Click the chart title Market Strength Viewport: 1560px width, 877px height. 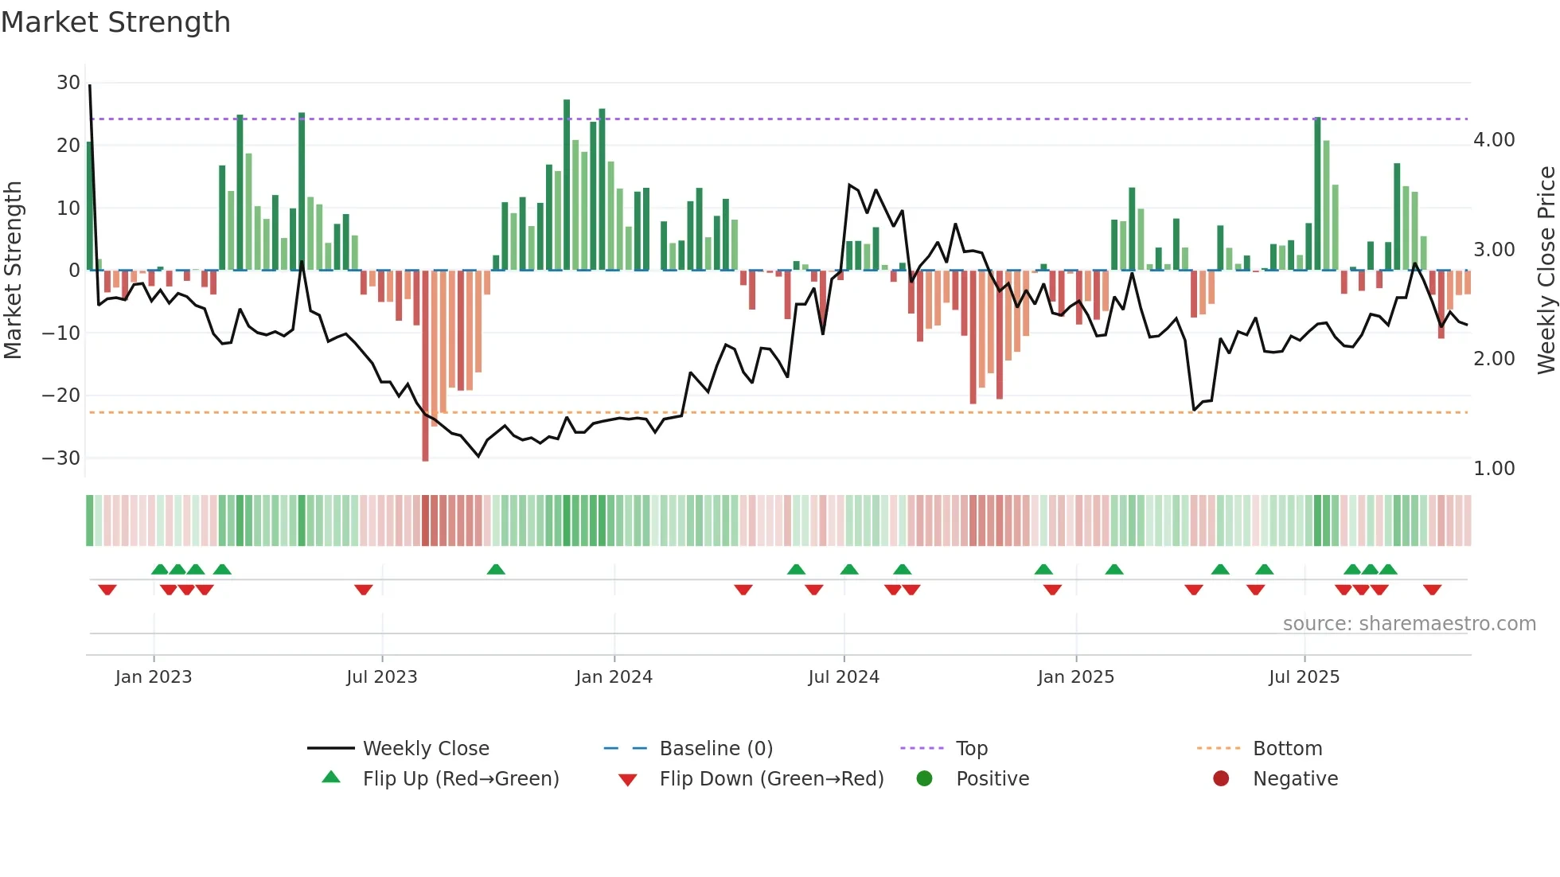click(115, 22)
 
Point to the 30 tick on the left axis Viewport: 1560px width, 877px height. click(68, 83)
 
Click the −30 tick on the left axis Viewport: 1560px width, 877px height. click(61, 458)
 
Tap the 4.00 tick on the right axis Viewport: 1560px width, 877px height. click(1493, 140)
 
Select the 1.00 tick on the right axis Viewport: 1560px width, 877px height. click(1493, 469)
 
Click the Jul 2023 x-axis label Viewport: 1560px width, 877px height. click(382, 677)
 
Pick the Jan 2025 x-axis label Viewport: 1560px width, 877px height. click(1075, 677)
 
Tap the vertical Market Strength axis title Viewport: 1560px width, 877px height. click(14, 271)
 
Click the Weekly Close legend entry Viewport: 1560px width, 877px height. click(426, 749)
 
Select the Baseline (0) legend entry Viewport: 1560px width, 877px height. click(716, 749)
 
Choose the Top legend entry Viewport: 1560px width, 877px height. click(971, 749)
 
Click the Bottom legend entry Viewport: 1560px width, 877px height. click(1287, 749)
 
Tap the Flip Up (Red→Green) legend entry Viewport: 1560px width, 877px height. click(461, 779)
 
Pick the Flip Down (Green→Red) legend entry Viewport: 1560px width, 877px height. click(771, 779)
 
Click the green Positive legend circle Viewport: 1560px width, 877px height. click(924, 778)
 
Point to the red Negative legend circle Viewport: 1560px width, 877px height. click(1221, 778)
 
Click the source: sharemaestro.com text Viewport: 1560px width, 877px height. click(1409, 624)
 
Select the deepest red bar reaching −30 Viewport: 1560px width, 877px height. click(425, 366)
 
